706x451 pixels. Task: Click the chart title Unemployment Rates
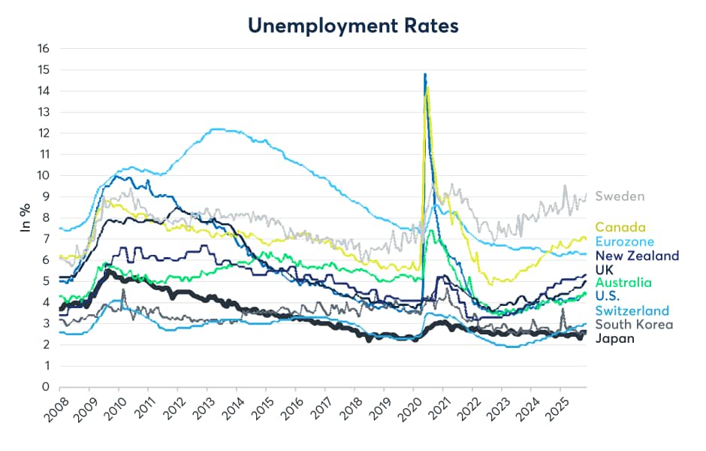(352, 25)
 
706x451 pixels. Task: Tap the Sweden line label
(620, 197)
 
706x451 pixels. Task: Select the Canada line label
(620, 227)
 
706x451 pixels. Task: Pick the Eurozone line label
(625, 241)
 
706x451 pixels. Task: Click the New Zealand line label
(637, 256)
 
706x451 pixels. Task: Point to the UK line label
(605, 269)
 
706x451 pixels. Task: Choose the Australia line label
(621, 283)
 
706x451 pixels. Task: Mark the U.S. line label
(608, 297)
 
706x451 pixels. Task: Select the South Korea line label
(634, 325)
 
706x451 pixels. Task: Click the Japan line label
(614, 338)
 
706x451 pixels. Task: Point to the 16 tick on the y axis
(43, 49)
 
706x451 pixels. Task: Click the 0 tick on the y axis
(46, 387)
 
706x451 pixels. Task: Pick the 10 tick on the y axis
(43, 176)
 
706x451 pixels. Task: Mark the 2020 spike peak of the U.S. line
(425, 74)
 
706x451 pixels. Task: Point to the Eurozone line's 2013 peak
(216, 129)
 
